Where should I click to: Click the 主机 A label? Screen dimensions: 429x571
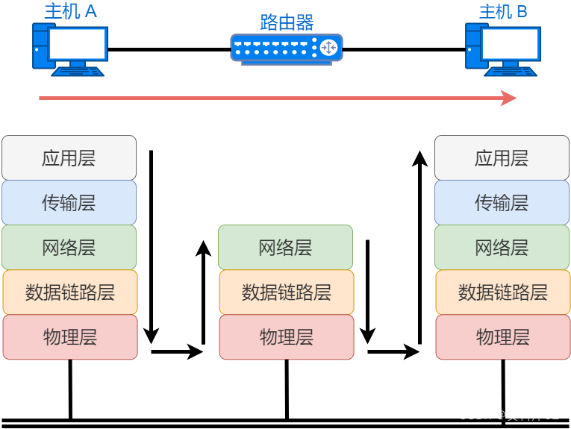[71, 11]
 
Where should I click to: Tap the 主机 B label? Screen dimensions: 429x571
[503, 11]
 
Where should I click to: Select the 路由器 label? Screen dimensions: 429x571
[287, 22]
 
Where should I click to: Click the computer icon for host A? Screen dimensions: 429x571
[70, 48]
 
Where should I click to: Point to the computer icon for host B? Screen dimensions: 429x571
[503, 48]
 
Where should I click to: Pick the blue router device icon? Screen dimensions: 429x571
[287, 48]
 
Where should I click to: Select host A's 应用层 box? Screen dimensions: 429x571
[69, 157]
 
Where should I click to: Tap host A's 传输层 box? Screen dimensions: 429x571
[69, 202]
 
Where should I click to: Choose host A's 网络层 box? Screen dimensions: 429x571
[69, 247]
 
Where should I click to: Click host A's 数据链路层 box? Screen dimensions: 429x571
[69, 292]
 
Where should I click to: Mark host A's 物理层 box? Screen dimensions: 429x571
[69, 336]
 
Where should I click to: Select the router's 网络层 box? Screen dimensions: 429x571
[285, 247]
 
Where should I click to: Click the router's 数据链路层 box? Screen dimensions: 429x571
[286, 292]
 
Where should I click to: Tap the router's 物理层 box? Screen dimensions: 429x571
[286, 336]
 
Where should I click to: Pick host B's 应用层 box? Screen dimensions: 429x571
[502, 157]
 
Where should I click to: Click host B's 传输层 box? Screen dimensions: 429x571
[502, 202]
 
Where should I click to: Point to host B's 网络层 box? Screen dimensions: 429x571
[502, 247]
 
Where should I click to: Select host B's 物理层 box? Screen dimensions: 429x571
[502, 336]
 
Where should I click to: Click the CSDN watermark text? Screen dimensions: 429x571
[508, 415]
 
